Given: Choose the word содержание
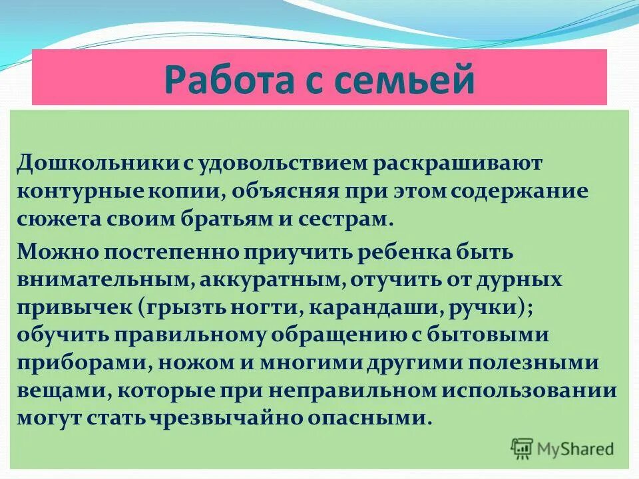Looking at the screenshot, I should [520, 192].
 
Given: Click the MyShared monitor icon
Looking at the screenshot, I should [523, 448].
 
